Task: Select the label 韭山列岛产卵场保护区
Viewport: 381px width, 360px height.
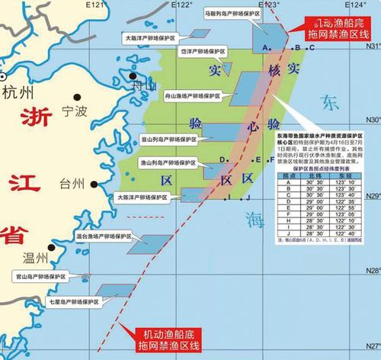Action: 168,140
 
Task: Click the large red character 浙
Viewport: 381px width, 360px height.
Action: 37,119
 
